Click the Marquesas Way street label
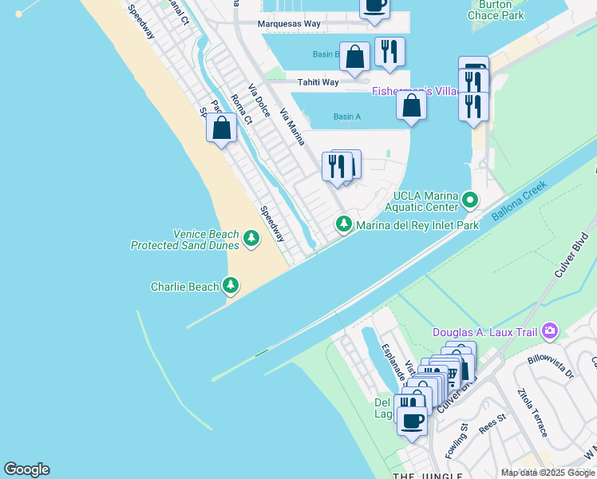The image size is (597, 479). coord(289,24)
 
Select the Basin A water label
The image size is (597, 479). coord(346,117)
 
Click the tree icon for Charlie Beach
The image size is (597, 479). coord(231,285)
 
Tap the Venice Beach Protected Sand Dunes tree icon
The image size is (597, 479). coord(251,239)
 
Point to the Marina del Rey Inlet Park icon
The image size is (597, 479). coord(344,224)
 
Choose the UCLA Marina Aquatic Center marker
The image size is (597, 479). coord(471,200)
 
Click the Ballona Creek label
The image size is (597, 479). coord(519,201)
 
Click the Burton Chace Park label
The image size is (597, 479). coord(496,10)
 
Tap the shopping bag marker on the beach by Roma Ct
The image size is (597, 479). coord(221,128)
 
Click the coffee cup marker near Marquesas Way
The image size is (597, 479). coord(374,5)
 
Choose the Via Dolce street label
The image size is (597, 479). coord(259,102)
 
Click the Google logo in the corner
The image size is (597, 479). coord(26,469)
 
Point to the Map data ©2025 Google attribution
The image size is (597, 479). coord(548,473)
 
